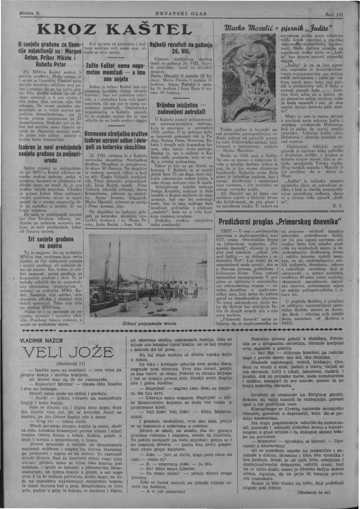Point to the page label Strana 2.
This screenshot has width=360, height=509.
tap(29, 14)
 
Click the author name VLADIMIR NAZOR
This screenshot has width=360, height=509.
tap(44, 340)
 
